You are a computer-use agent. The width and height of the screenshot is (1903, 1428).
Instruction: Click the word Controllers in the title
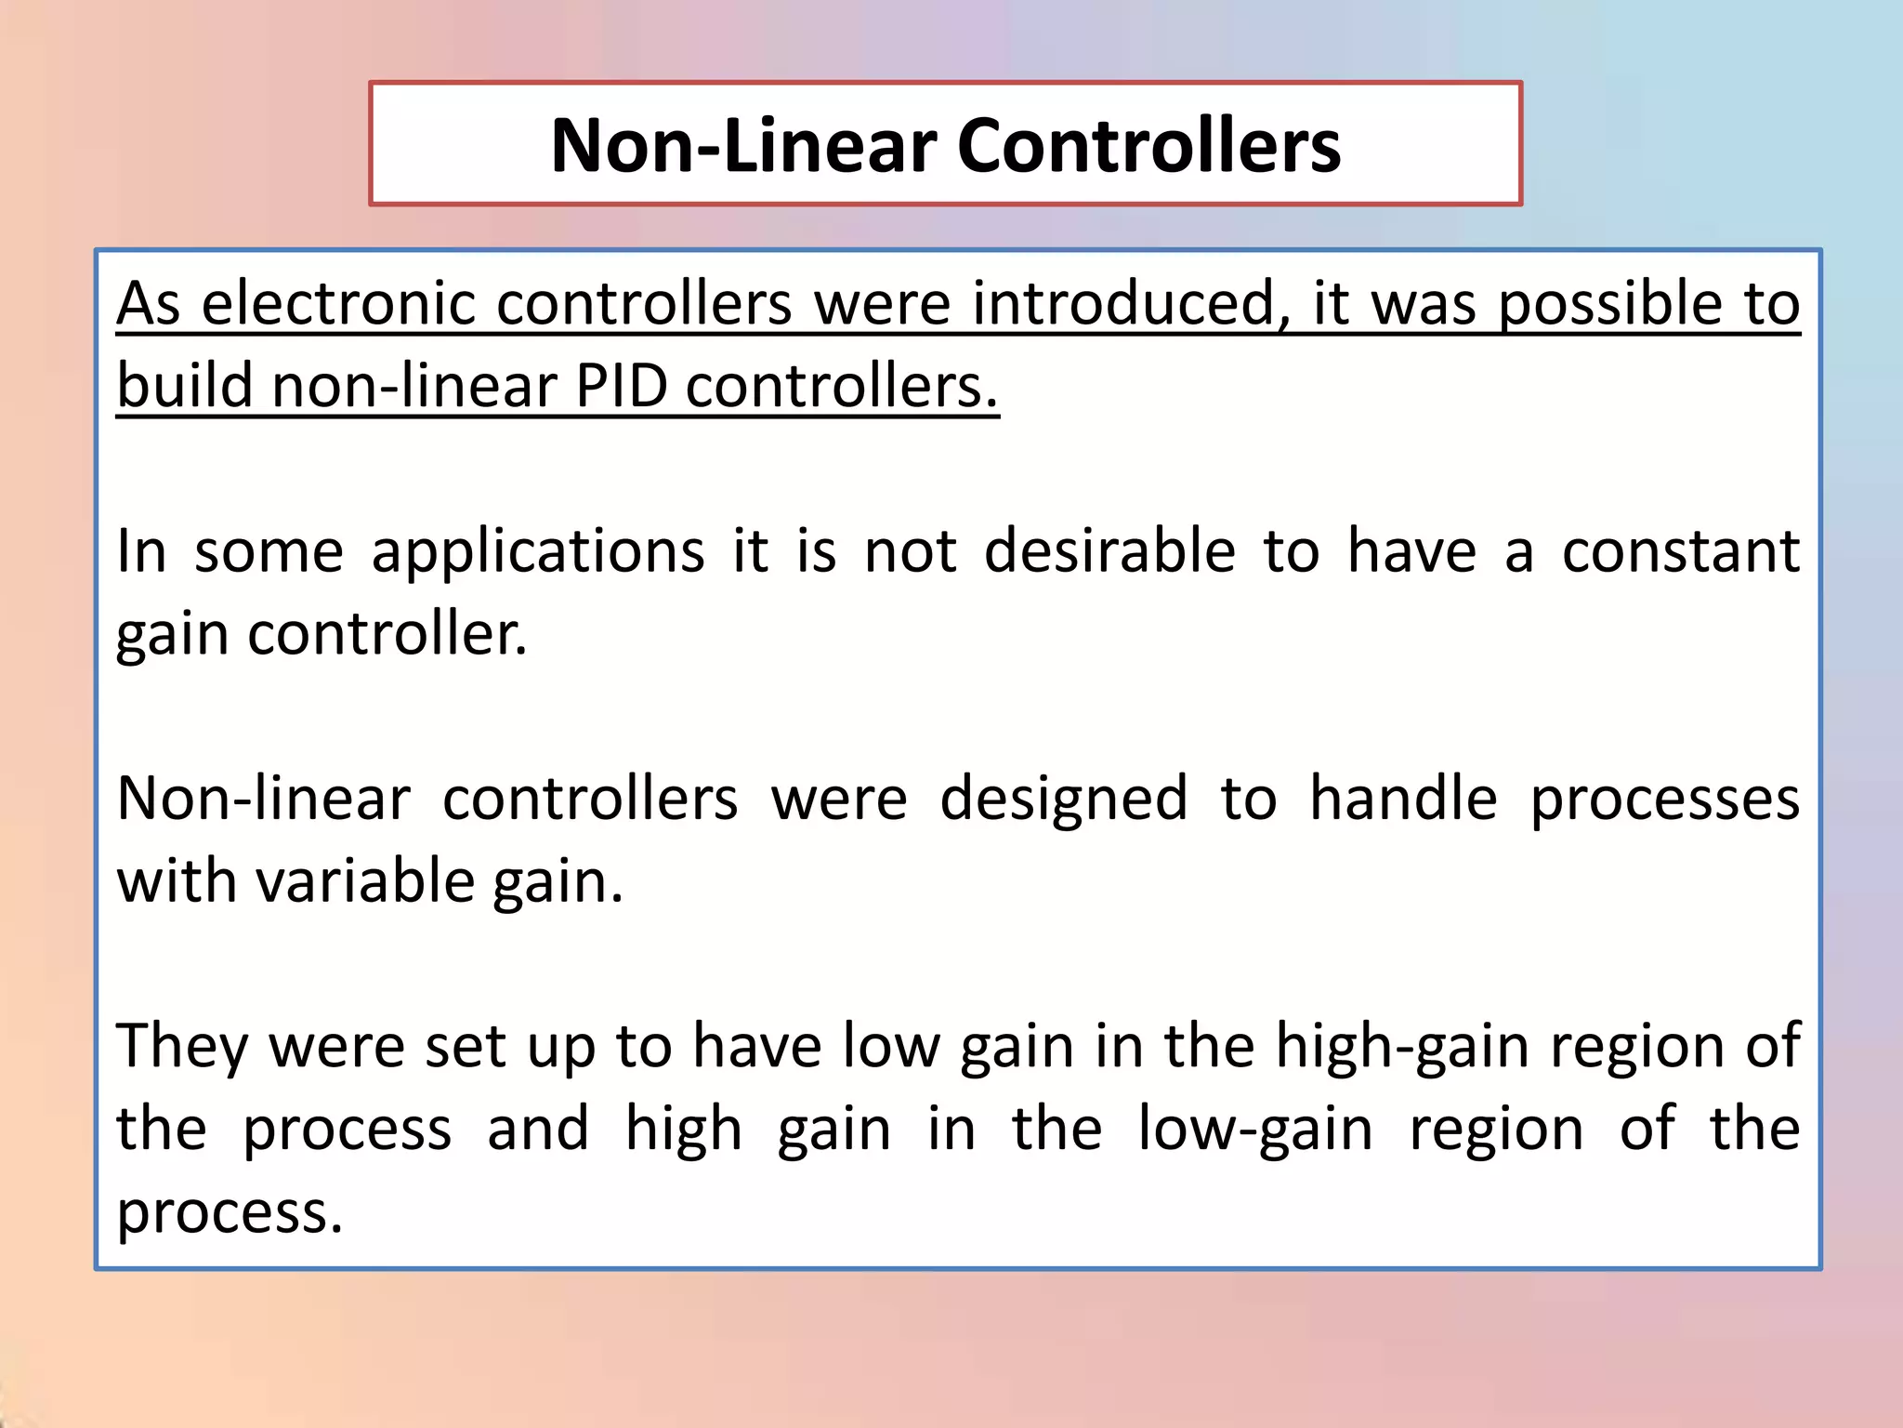point(1148,146)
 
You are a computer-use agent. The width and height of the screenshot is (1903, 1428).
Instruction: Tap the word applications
point(538,552)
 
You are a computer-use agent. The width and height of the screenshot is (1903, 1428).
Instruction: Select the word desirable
point(1109,550)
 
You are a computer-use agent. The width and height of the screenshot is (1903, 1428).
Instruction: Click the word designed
point(1063,799)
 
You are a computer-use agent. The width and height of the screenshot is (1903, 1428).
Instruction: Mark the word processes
point(1664,800)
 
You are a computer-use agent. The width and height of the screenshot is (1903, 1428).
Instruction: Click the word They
point(182,1047)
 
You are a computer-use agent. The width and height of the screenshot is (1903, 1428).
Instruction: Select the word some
point(269,552)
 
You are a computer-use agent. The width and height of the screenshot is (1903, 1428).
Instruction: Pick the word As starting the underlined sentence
point(148,303)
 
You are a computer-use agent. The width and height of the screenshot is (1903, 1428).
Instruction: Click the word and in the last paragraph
point(538,1129)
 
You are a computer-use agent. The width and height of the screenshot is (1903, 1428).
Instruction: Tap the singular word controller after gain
point(387,634)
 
